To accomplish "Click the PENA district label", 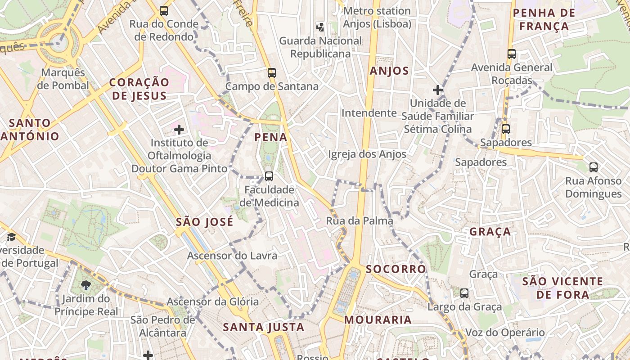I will [x=271, y=137].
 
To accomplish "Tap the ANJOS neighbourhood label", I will [x=389, y=71].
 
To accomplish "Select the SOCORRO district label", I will [x=396, y=269].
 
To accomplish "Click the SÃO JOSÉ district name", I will [x=205, y=222].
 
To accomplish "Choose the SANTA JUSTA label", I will [x=264, y=327].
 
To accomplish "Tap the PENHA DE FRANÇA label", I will [x=544, y=19].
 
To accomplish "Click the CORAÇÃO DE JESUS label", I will [x=139, y=89].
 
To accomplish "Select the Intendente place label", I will [x=369, y=113].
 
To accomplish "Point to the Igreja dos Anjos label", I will [x=367, y=154].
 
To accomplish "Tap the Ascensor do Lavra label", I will [x=232, y=256].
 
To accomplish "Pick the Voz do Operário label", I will [x=505, y=333].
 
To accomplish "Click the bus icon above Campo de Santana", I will [x=271, y=73].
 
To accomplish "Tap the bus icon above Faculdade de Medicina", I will [x=269, y=176].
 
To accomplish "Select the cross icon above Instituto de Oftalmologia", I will [x=179, y=130].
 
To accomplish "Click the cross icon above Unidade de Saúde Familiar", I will [x=438, y=90].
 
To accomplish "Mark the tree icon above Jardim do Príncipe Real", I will [x=85, y=285].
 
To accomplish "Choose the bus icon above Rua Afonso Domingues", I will [x=594, y=167].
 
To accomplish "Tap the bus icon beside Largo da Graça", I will [x=464, y=293].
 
